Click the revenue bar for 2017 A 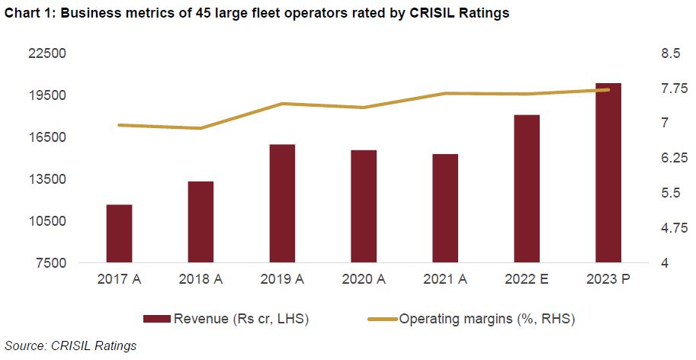pos(119,233)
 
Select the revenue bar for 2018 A pos(200,222)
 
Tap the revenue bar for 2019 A pos(282,204)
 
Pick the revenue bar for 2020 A pos(364,207)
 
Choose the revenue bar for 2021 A pos(445,208)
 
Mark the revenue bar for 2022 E pos(527,189)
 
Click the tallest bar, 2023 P pos(608,173)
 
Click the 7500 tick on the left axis pos(55,264)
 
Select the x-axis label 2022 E pos(527,280)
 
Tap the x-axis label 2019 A pos(282,280)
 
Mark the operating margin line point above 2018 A pos(200,128)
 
